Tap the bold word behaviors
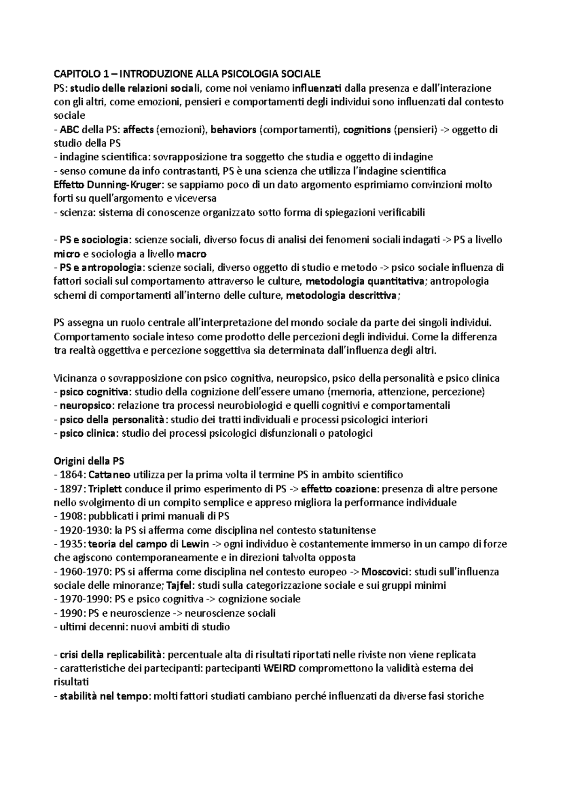233,130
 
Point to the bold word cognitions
367,130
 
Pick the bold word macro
192,254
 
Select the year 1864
72,475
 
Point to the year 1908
72,517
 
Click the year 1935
72,544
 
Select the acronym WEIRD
280,669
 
